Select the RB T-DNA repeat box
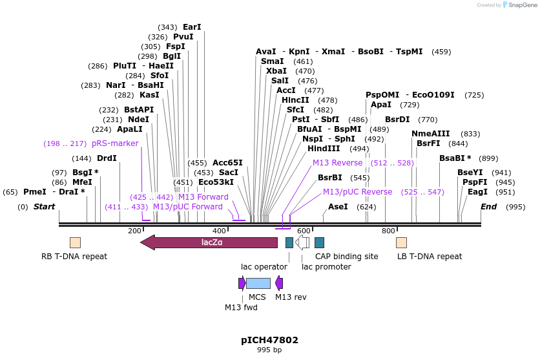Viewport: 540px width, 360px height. tap(75, 242)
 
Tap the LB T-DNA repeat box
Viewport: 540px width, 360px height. tap(401, 242)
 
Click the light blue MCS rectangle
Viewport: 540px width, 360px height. tap(258, 283)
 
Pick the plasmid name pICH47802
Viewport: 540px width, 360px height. tap(269, 340)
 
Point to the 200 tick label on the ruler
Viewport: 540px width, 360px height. tap(134, 231)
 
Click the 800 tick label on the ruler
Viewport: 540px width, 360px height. tap(388, 231)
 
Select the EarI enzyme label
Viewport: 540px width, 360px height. tap(192, 27)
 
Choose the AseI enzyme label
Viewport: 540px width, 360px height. tap(338, 207)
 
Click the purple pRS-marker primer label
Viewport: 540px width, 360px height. tap(115, 143)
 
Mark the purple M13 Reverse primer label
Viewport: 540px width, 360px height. tap(337, 163)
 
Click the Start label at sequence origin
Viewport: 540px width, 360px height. tap(44, 207)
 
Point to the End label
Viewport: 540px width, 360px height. tap(489, 207)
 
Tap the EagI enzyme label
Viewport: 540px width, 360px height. tap(478, 192)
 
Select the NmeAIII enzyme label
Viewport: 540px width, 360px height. tap(429, 134)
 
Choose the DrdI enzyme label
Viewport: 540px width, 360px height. tap(107, 158)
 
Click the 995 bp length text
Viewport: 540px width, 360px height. tap(269, 350)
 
